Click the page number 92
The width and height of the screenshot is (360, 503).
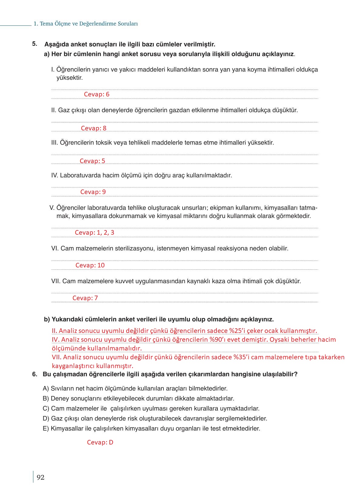[x=40, y=478]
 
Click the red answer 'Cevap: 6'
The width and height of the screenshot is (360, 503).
[x=96, y=94]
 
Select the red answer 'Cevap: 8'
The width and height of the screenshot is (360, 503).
[x=93, y=128]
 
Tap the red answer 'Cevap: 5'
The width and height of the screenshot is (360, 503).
[x=92, y=161]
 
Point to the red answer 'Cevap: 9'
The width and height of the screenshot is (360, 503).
[x=93, y=192]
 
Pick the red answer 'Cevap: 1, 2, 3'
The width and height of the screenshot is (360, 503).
[x=94, y=233]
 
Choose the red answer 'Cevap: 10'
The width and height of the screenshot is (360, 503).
[x=90, y=265]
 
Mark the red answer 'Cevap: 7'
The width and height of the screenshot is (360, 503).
[x=85, y=298]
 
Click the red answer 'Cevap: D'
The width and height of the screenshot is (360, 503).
[x=100, y=442]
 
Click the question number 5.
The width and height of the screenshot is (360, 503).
[x=35, y=44]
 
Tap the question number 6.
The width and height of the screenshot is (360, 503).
[x=35, y=374]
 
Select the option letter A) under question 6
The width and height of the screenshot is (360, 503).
[x=46, y=388]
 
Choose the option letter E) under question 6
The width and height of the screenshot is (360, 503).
[x=46, y=429]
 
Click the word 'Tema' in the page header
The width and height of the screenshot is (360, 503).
[x=46, y=24]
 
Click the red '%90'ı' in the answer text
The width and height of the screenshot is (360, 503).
[x=217, y=340]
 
